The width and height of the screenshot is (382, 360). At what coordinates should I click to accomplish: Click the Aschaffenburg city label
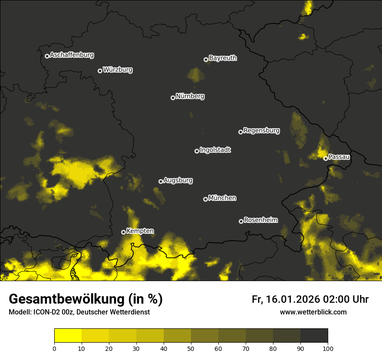click(72, 55)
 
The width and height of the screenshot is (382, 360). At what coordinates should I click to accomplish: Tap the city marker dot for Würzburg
click(100, 71)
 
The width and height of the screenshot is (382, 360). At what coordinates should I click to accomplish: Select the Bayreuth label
click(223, 58)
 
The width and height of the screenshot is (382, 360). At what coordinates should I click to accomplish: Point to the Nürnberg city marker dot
click(173, 98)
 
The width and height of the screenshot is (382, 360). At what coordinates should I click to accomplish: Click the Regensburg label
click(261, 130)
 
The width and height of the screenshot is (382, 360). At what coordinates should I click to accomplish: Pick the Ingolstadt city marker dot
click(197, 151)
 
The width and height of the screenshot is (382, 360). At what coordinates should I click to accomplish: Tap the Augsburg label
click(178, 180)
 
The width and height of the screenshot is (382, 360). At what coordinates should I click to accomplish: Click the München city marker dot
click(205, 200)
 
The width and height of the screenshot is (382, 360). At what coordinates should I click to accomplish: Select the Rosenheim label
click(260, 220)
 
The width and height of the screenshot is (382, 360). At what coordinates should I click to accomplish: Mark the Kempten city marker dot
click(123, 232)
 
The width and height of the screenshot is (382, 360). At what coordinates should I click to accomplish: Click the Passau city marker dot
click(326, 158)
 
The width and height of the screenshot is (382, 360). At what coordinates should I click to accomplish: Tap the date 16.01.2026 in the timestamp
click(292, 299)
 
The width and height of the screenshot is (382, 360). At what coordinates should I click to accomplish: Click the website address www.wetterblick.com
click(313, 312)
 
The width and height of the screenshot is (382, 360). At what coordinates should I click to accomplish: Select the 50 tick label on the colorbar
click(191, 348)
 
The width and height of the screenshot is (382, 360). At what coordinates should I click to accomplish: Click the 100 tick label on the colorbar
click(328, 348)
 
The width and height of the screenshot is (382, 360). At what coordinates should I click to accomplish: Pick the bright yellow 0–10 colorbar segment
click(68, 336)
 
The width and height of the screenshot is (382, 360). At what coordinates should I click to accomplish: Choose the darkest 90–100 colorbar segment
click(314, 336)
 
